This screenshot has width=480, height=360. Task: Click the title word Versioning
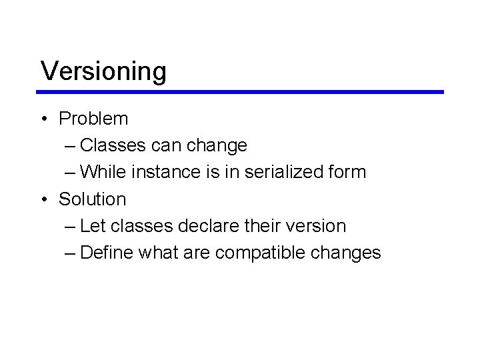tap(103, 71)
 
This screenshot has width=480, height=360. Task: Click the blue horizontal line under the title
tap(240, 92)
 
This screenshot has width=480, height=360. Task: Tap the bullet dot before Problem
tap(43, 119)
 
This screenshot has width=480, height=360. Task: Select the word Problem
tap(93, 119)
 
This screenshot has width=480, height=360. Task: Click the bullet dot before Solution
tap(43, 199)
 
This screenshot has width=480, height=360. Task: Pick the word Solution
tap(92, 199)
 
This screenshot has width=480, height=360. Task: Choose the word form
tap(347, 172)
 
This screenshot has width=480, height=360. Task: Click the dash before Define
tap(71, 253)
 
